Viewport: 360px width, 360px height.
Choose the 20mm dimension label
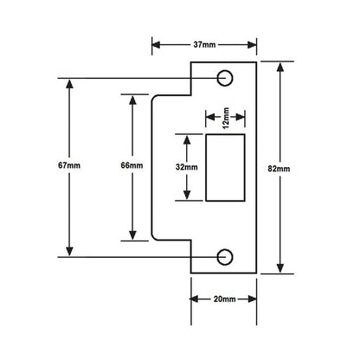[224, 299]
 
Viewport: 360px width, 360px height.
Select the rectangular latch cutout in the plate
[225, 167]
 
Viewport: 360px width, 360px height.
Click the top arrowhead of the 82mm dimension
[281, 65]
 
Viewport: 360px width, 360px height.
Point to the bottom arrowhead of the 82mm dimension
[281, 269]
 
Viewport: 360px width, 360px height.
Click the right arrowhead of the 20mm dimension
[254, 299]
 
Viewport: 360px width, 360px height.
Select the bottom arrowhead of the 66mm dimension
[133, 235]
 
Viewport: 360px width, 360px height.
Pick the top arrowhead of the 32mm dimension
[183, 137]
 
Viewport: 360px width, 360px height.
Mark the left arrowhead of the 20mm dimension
[194, 299]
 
